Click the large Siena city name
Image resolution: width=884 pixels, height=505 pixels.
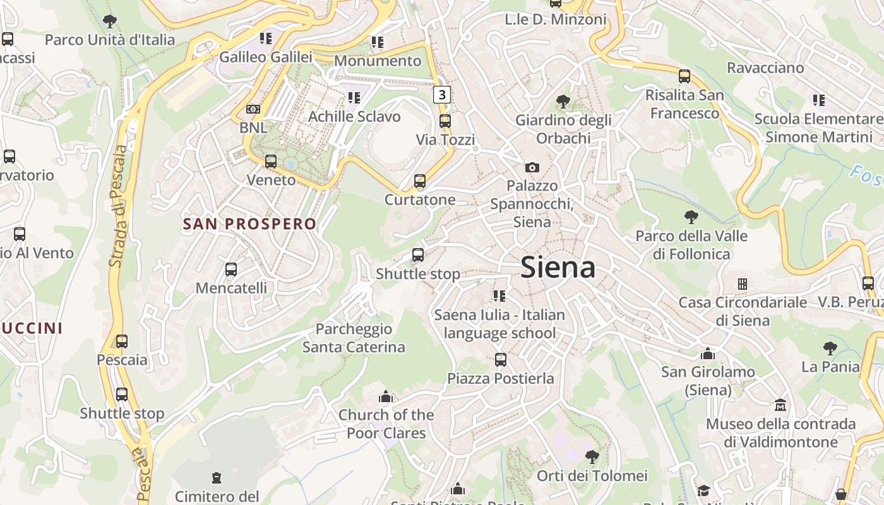pyautogui.click(x=558, y=268)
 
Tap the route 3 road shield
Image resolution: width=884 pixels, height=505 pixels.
pyautogui.click(x=443, y=95)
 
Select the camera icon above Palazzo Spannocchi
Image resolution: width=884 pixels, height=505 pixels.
pyautogui.click(x=532, y=167)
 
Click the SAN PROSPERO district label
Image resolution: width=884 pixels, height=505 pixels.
pyautogui.click(x=249, y=223)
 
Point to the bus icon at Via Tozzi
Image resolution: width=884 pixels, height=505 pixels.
pyautogui.click(x=445, y=121)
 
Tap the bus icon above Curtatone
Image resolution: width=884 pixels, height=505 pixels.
pyautogui.click(x=420, y=181)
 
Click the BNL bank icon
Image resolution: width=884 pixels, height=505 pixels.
pyautogui.click(x=253, y=109)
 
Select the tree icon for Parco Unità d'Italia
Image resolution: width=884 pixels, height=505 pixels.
pyautogui.click(x=110, y=21)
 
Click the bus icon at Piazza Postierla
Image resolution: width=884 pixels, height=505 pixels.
pyautogui.click(x=501, y=360)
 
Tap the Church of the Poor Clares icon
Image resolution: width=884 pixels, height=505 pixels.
pyautogui.click(x=386, y=396)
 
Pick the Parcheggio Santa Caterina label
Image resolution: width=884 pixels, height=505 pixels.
pyautogui.click(x=354, y=338)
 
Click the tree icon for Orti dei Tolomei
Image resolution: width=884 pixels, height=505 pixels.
pyautogui.click(x=592, y=456)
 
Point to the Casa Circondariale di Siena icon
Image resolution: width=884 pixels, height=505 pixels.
pyautogui.click(x=743, y=284)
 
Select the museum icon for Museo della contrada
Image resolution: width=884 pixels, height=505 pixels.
pyautogui.click(x=780, y=405)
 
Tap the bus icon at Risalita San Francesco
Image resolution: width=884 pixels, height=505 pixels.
pyautogui.click(x=684, y=77)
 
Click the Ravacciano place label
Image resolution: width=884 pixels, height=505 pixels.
pyautogui.click(x=765, y=68)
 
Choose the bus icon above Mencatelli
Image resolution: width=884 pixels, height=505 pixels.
pyautogui.click(x=231, y=270)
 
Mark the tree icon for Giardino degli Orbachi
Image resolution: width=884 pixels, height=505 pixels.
pyautogui.click(x=563, y=101)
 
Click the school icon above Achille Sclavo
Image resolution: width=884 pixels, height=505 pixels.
pyautogui.click(x=354, y=98)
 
